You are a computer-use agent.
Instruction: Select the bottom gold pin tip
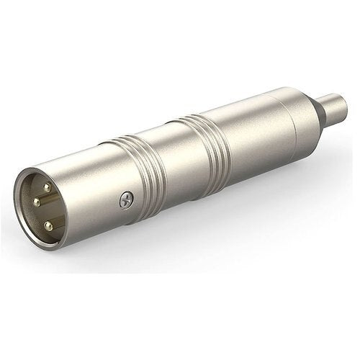click(49, 225)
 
